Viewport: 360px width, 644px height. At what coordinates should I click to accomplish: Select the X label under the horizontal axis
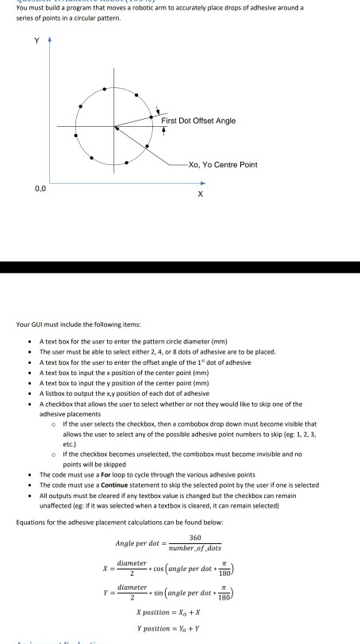coord(201,194)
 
